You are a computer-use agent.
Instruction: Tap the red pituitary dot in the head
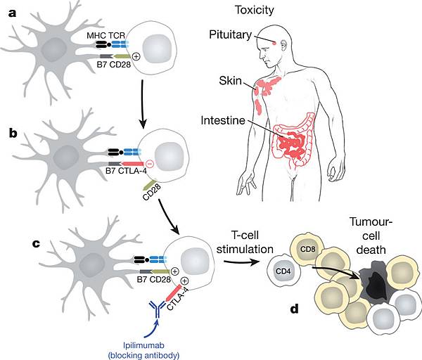coord(274,44)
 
